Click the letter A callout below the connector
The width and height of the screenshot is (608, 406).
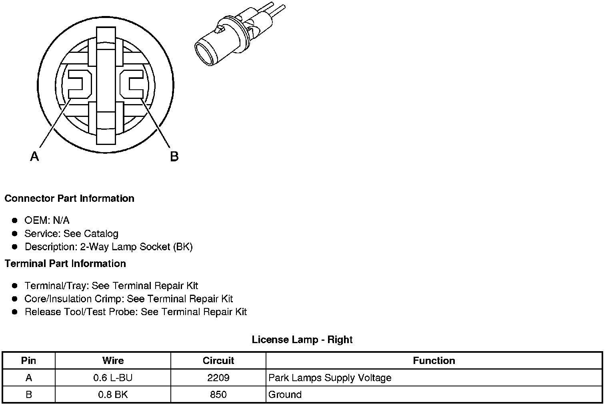35,156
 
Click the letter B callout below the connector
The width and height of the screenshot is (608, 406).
174,156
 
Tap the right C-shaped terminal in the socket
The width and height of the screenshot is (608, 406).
132,84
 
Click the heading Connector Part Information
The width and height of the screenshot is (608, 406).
69,199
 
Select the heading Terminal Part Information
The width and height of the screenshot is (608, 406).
65,263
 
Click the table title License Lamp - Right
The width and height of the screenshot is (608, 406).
302,340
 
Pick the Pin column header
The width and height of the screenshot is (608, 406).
28,360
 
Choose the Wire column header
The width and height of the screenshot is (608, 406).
113,360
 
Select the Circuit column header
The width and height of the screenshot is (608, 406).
218,360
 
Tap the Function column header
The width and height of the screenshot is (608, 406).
434,360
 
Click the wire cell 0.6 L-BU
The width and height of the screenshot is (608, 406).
113,378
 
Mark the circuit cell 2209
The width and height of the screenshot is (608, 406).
218,378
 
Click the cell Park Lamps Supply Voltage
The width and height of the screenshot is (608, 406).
330,378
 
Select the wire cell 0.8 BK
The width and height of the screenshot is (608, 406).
113,394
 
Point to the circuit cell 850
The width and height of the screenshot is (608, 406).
218,394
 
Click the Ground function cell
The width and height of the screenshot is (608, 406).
285,394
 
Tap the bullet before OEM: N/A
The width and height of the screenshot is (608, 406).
15,220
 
